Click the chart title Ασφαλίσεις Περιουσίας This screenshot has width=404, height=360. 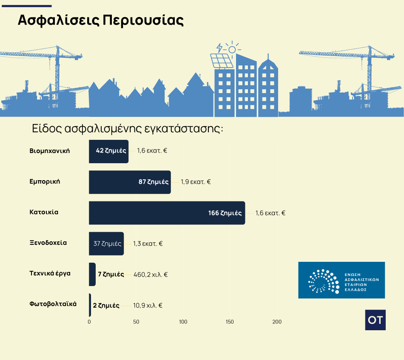pyautogui.click(x=100, y=20)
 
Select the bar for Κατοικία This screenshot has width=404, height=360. pyautogui.click(x=167, y=213)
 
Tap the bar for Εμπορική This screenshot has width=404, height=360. pyautogui.click(x=130, y=182)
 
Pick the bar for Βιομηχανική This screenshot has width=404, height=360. pyautogui.click(x=109, y=151)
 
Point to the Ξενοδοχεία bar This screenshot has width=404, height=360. pyautogui.click(x=106, y=244)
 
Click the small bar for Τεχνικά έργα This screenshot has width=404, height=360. pyautogui.click(x=92, y=274)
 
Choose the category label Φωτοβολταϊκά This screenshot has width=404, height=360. pyautogui.click(x=53, y=304)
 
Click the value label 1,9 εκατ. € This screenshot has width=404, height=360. pyautogui.click(x=196, y=182)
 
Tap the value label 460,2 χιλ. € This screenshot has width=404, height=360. pyautogui.click(x=151, y=275)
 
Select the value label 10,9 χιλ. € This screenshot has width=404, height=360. pyautogui.click(x=148, y=306)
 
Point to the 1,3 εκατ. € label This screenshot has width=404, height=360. pyautogui.click(x=148, y=244)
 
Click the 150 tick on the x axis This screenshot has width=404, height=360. pyautogui.click(x=230, y=322)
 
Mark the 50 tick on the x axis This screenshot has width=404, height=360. pyautogui.click(x=136, y=322)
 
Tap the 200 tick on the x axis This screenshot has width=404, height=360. pyautogui.click(x=277, y=322)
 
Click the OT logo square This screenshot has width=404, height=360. pyautogui.click(x=376, y=320)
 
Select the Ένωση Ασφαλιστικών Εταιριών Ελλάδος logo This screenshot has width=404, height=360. pyautogui.click(x=341, y=280)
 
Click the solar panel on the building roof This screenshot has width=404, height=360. pyautogui.click(x=222, y=61)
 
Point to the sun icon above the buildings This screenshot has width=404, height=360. pyautogui.click(x=232, y=49)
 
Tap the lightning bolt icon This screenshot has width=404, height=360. pyautogui.click(x=219, y=48)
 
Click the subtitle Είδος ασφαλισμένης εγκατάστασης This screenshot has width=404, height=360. pyautogui.click(x=128, y=128)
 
